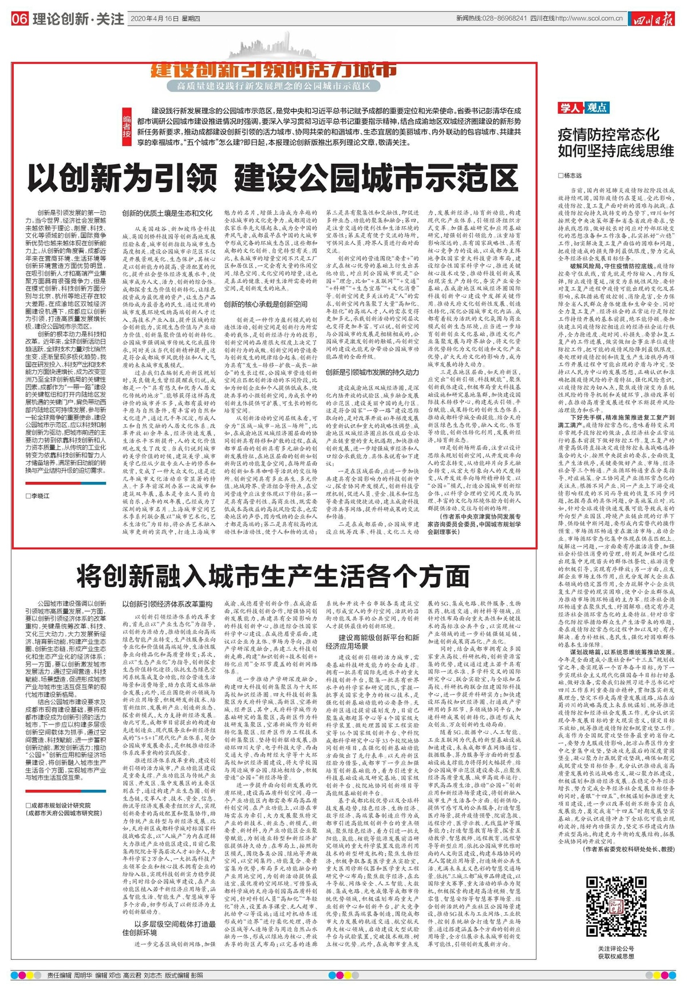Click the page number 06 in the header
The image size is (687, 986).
[x=19, y=19]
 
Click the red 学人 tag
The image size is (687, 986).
[x=570, y=108]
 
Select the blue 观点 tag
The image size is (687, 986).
[x=596, y=108]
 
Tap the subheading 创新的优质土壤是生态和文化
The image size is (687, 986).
[x=167, y=213]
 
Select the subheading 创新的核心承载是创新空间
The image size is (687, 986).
[x=266, y=304]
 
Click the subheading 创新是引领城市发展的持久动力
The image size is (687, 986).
[x=372, y=372]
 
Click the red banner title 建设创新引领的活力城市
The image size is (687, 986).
[x=274, y=71]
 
